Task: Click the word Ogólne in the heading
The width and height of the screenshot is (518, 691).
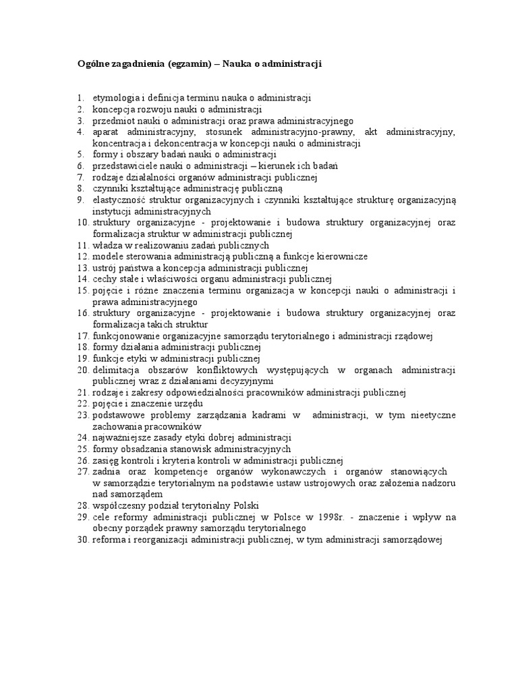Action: (x=91, y=64)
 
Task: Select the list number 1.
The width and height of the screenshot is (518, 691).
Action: (x=80, y=98)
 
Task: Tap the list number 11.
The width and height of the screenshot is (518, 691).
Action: (x=82, y=246)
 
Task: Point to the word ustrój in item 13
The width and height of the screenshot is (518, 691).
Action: (x=105, y=268)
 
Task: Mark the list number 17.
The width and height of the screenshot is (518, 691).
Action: (x=82, y=336)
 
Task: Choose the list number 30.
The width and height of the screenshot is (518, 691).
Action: (x=82, y=540)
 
